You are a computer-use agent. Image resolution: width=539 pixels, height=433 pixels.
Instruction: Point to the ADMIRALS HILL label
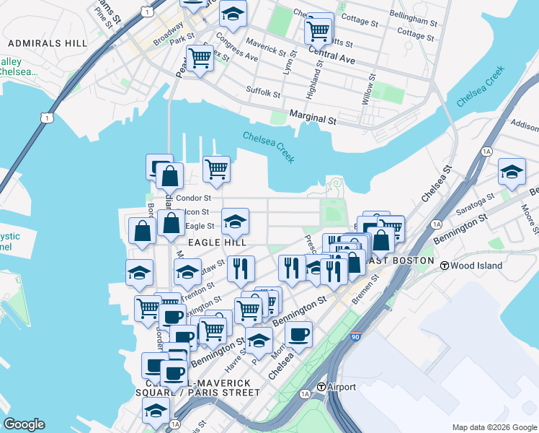click(37, 43)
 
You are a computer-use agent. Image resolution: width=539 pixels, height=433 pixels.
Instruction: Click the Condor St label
click(193, 198)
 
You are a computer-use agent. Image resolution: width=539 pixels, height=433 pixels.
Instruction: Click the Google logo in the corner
click(23, 424)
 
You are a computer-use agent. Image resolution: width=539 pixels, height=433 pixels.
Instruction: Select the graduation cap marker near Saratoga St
click(512, 172)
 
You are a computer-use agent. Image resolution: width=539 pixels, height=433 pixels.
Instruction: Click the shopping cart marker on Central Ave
click(318, 30)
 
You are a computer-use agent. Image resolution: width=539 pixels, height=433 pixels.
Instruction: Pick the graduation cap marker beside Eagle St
click(235, 222)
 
